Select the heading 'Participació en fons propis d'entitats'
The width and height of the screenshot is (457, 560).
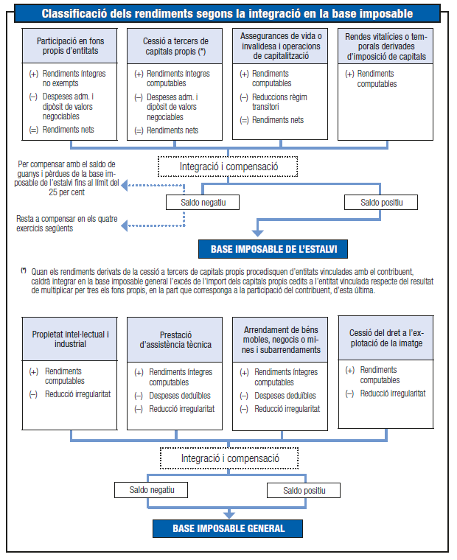(x=71, y=46)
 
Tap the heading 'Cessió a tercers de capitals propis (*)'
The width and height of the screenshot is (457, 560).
(x=175, y=46)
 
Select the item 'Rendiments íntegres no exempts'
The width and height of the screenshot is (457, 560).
(x=74, y=79)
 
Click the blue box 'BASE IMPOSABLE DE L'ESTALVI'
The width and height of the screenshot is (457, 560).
(x=273, y=249)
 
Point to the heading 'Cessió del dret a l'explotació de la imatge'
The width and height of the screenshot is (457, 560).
(x=386, y=338)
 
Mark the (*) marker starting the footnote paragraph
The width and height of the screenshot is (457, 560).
(x=24, y=271)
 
